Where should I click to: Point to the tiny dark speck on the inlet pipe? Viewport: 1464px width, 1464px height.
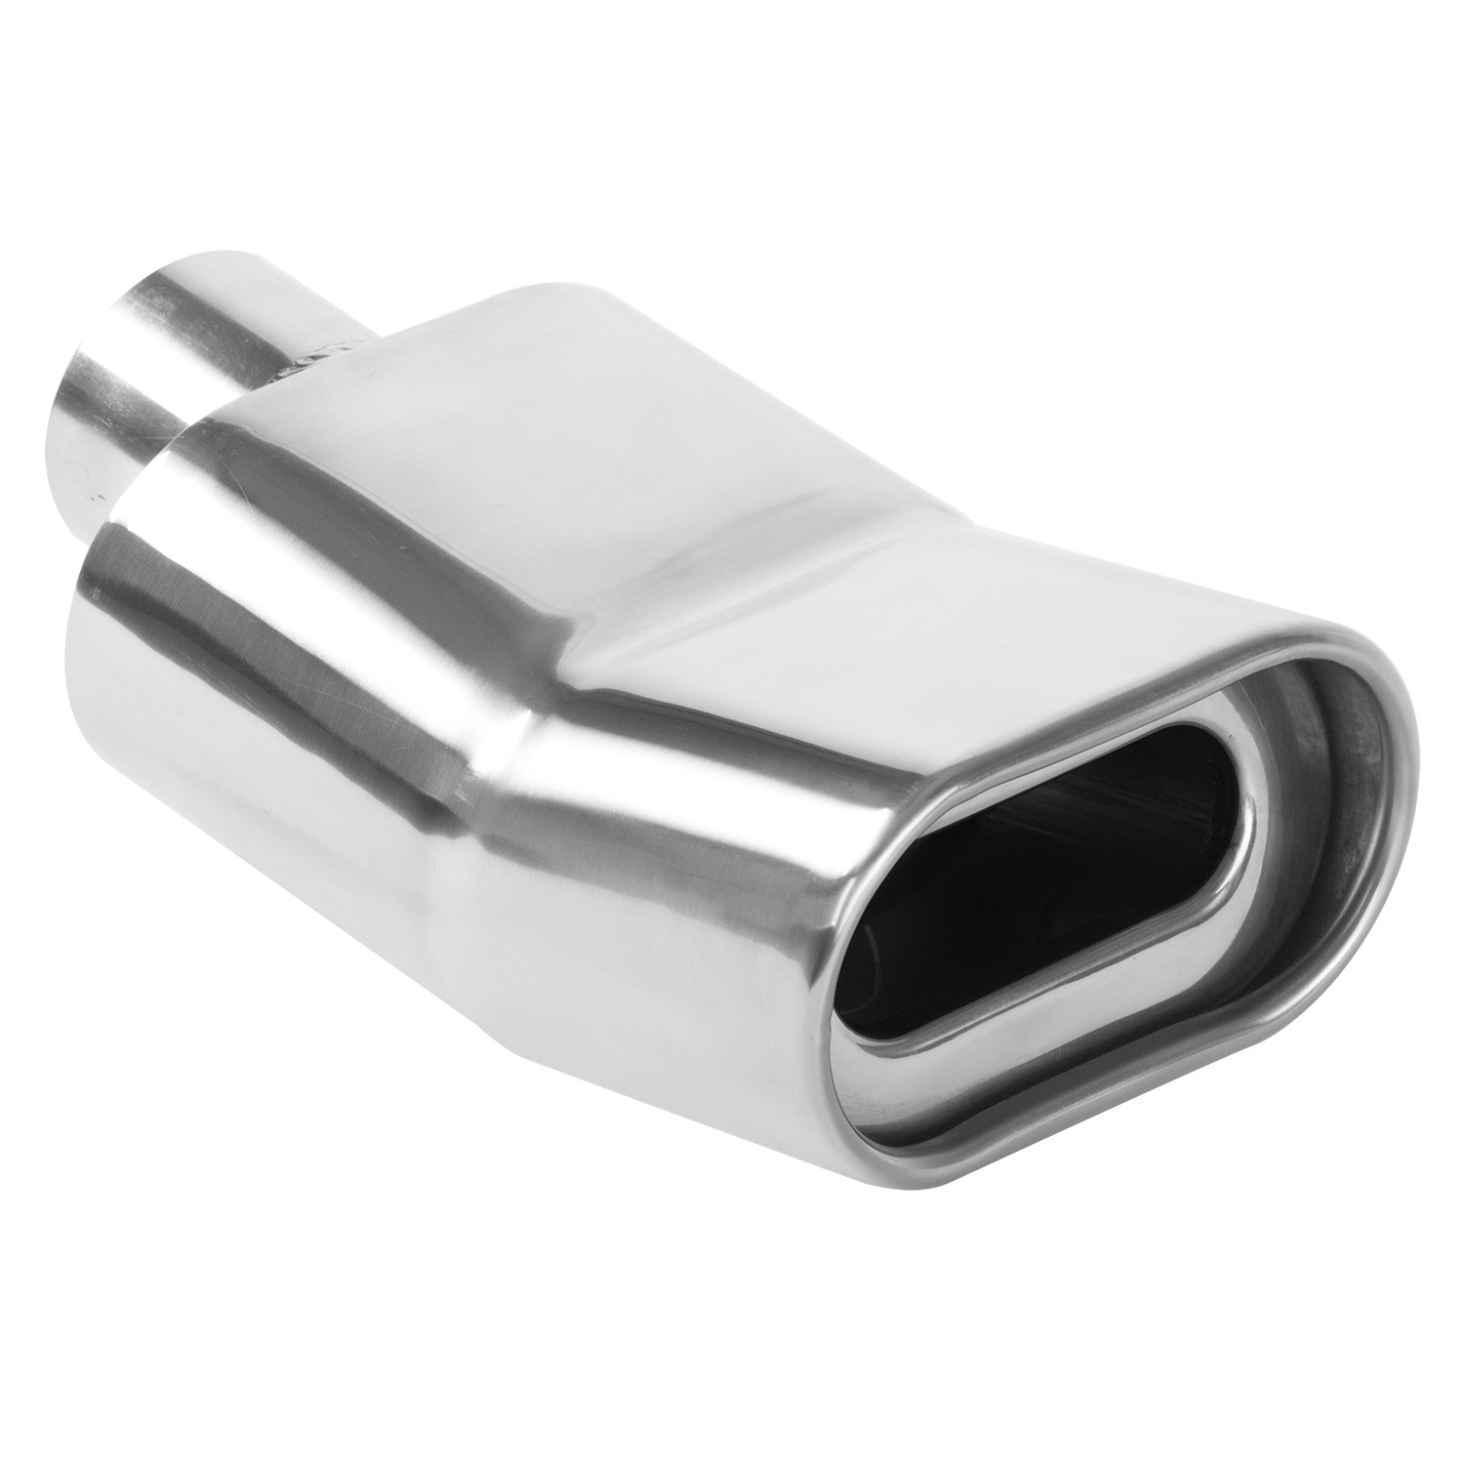(x=98, y=500)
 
